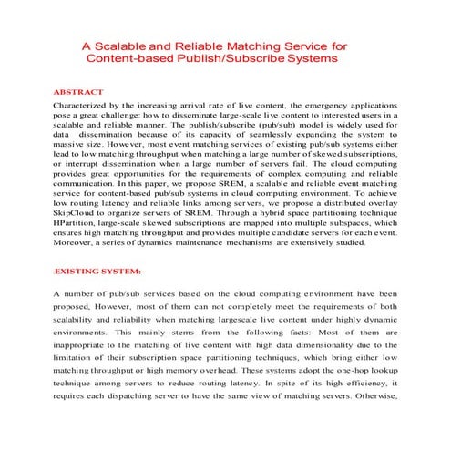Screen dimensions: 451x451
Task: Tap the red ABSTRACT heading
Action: [x=78, y=93]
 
